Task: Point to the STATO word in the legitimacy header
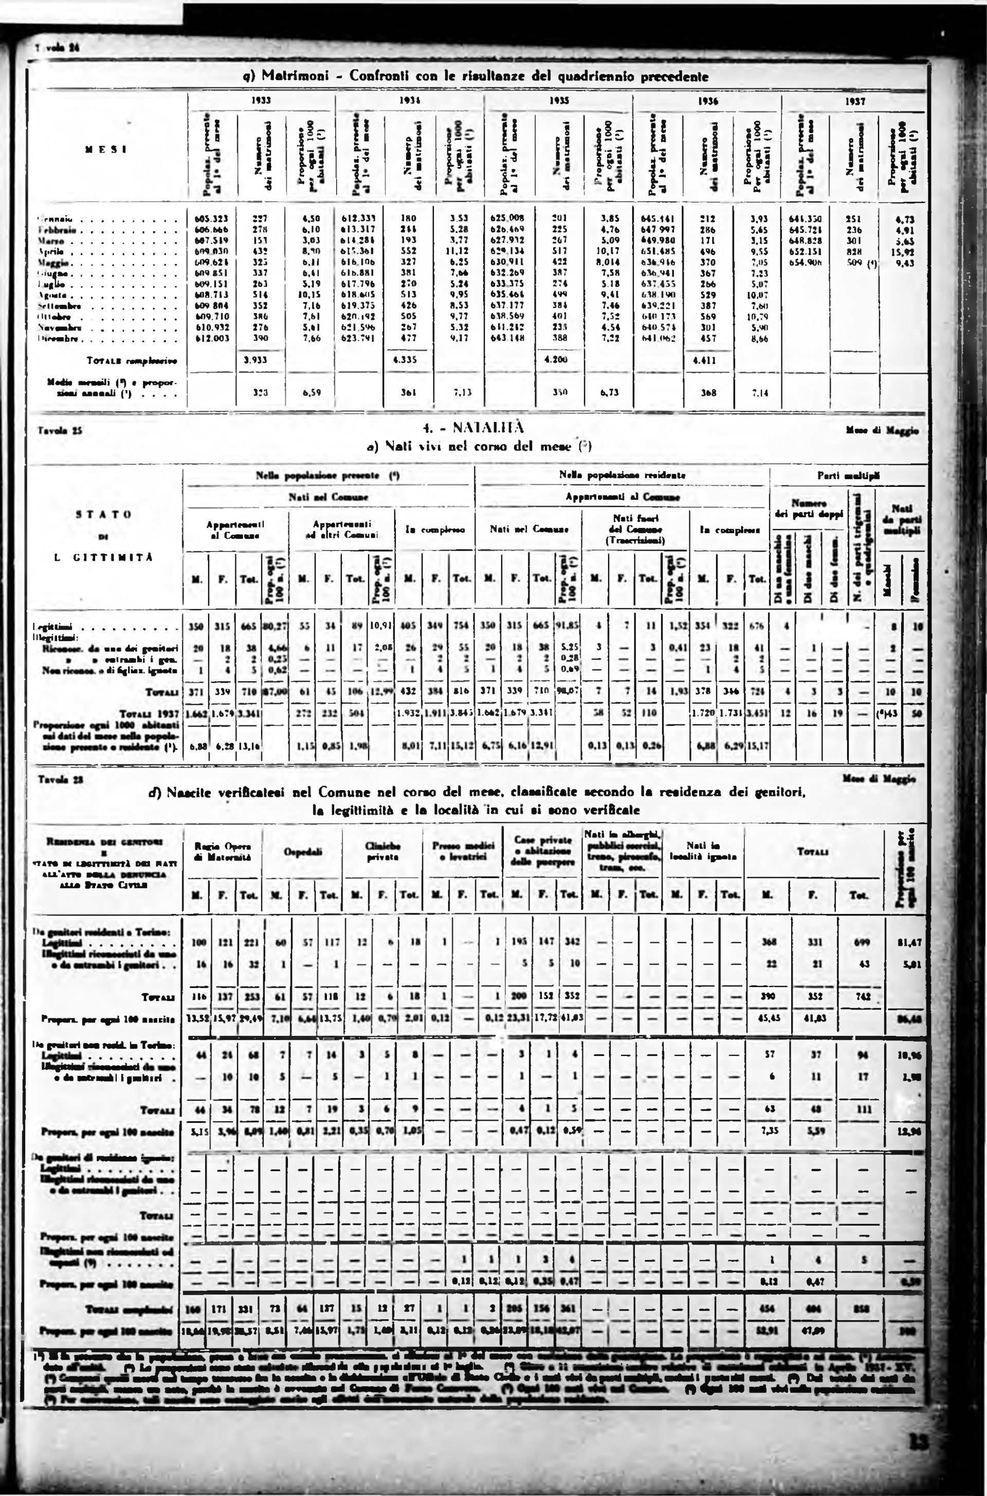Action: (104, 514)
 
